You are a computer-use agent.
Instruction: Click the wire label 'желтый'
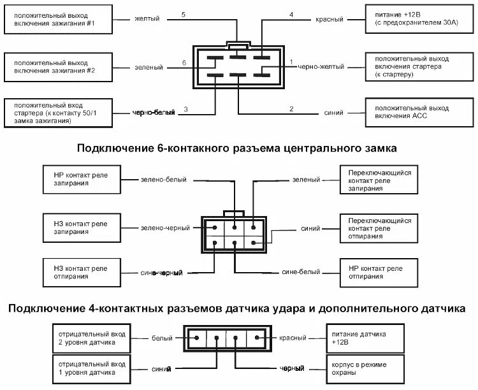pyautogui.click(x=147, y=20)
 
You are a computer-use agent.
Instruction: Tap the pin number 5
pyautogui.click(x=184, y=14)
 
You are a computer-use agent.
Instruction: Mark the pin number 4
pyautogui.click(x=291, y=14)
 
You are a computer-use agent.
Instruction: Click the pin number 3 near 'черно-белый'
pyautogui.click(x=185, y=110)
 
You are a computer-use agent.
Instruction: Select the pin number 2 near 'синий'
pyautogui.click(x=291, y=110)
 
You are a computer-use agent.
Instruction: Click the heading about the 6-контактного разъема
pyautogui.click(x=237, y=148)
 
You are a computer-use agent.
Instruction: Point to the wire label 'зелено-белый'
pyautogui.click(x=164, y=180)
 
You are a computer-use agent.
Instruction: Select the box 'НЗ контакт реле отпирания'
pyautogui.click(x=81, y=271)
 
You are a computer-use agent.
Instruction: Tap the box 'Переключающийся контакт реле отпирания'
pyautogui.click(x=380, y=229)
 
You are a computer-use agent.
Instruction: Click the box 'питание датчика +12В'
pyautogui.click(x=366, y=338)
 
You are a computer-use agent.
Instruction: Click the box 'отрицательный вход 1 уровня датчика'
pyautogui.click(x=92, y=368)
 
